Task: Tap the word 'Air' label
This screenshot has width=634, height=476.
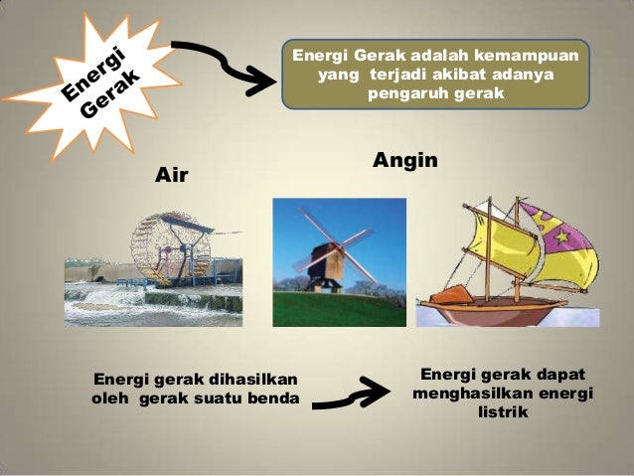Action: (x=171, y=176)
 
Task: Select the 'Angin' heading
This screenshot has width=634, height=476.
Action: (x=405, y=160)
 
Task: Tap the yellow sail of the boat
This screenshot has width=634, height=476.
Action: (x=497, y=248)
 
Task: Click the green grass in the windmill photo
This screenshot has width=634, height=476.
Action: (x=338, y=309)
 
